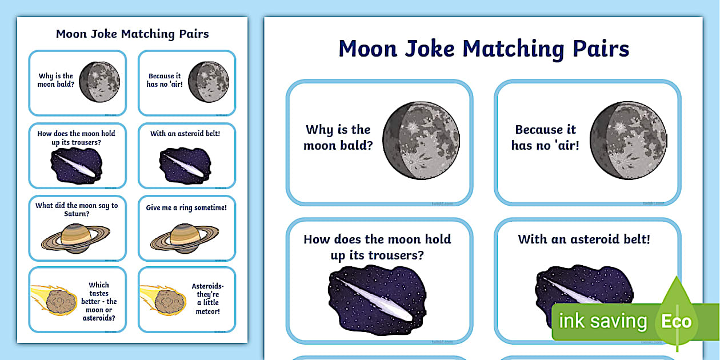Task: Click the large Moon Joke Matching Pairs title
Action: pyautogui.click(x=483, y=49)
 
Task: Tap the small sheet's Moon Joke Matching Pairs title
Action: pyautogui.click(x=132, y=34)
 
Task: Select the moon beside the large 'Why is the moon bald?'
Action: pyautogui.click(x=422, y=141)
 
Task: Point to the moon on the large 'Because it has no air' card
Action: pyautogui.click(x=629, y=141)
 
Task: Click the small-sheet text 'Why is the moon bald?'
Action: pyautogui.click(x=56, y=81)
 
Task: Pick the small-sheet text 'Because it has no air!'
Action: pyautogui.click(x=165, y=80)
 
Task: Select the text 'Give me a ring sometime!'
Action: pyautogui.click(x=186, y=208)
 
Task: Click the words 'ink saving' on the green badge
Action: pyautogui.click(x=603, y=321)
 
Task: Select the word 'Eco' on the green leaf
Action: pyautogui.click(x=677, y=321)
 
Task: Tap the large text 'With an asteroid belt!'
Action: pyautogui.click(x=584, y=239)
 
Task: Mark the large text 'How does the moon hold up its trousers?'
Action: pyautogui.click(x=377, y=247)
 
